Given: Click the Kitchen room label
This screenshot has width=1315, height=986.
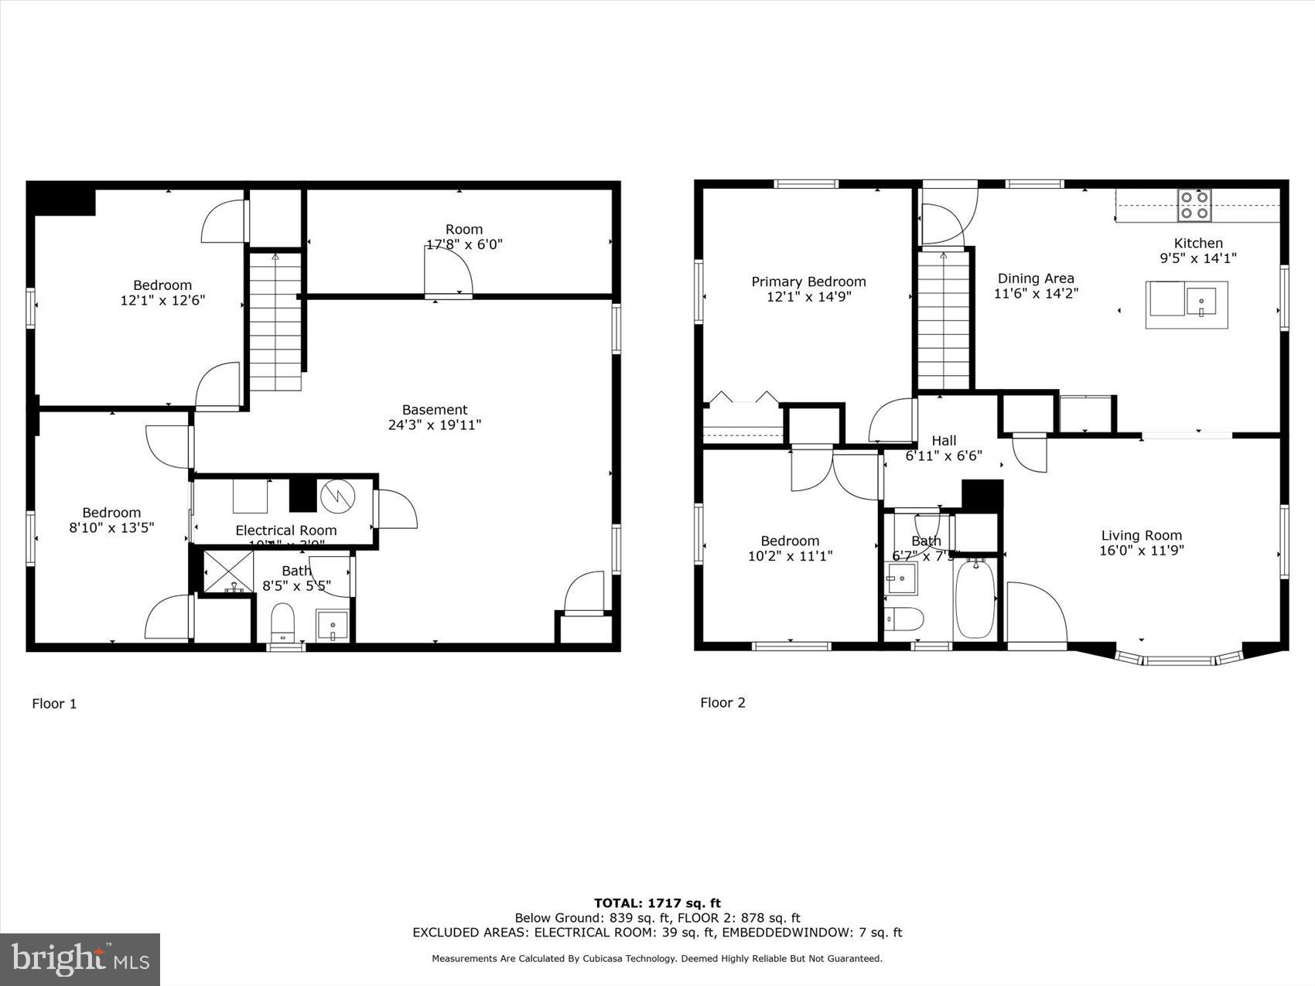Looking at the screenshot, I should click(x=1198, y=243).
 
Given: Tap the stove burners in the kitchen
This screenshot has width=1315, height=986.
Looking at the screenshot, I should click(x=1194, y=205).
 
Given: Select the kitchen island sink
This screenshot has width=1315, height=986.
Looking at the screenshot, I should click(x=1201, y=302).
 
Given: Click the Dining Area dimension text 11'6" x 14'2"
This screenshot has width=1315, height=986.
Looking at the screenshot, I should click(x=1036, y=294).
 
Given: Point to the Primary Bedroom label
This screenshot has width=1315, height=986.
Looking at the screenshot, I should click(x=808, y=281).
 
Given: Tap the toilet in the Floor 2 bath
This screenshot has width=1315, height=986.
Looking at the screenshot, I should click(x=905, y=619).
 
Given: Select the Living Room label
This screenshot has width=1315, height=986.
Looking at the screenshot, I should click(x=1141, y=535).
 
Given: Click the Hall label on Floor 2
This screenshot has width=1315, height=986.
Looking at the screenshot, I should click(x=944, y=441).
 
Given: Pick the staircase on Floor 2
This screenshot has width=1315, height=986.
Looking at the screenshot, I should click(x=944, y=321).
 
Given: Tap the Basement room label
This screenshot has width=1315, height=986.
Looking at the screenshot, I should click(x=434, y=410).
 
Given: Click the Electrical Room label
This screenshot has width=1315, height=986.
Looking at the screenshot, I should click(x=285, y=531).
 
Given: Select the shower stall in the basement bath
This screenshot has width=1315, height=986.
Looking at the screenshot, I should click(x=228, y=571).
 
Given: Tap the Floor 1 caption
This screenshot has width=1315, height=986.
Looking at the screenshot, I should click(x=54, y=704).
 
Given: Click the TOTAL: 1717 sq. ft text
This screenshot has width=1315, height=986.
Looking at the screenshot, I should click(x=657, y=902).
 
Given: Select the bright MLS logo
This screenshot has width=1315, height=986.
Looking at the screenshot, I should click(x=80, y=960).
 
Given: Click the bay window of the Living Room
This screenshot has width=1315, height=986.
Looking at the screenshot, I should click(x=1179, y=660).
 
